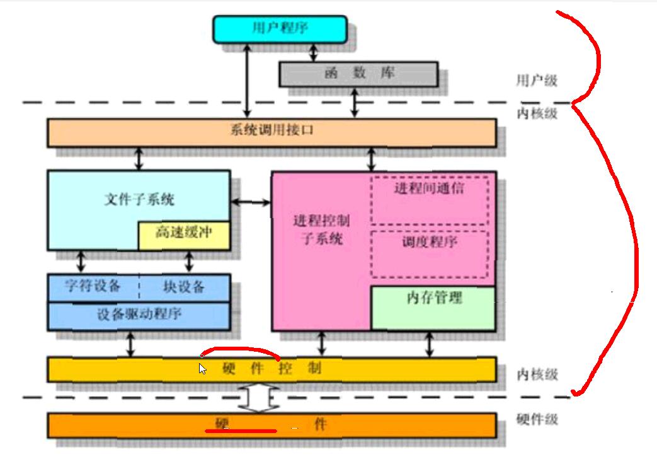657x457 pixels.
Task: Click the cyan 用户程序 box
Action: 280,29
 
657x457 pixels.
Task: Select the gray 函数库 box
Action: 358,74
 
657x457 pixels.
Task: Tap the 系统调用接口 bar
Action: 271,132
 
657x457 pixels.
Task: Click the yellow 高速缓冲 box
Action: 184,234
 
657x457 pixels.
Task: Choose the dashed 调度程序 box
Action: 429,253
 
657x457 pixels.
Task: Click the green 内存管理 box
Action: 433,308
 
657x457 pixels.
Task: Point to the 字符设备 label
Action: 93,287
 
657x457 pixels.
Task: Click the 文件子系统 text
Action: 139,200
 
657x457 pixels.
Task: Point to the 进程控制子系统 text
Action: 321,230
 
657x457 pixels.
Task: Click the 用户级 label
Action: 537,81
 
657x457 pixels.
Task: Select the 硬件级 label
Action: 537,419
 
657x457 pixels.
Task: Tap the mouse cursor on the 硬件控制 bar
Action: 202,369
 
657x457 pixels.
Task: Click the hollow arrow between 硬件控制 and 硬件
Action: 258,398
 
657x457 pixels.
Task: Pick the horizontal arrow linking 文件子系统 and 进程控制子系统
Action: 250,202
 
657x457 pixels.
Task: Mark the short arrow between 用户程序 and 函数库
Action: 313,52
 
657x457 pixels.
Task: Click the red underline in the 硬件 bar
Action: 240,431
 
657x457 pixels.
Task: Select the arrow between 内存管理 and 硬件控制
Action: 430,344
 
